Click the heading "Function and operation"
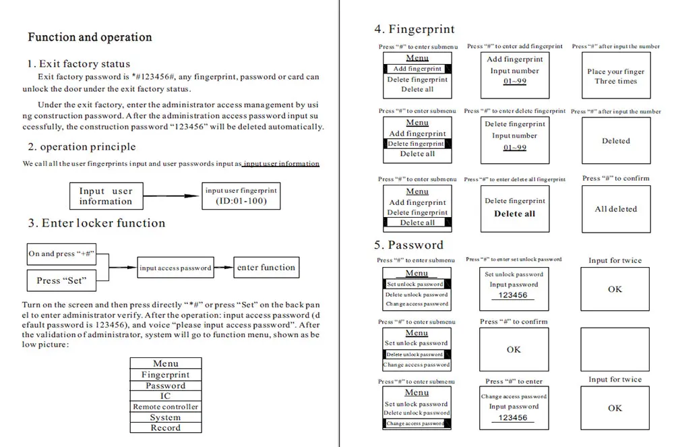(x=90, y=37)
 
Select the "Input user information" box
(x=106, y=196)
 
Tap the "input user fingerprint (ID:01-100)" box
(x=241, y=196)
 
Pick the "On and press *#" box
(x=61, y=254)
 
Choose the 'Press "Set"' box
(x=61, y=280)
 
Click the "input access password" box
(x=175, y=268)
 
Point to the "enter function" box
(x=266, y=268)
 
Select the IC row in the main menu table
(x=165, y=396)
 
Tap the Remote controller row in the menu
(x=165, y=407)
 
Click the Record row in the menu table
(x=165, y=427)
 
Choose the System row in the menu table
(x=165, y=417)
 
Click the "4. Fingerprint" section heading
(x=414, y=29)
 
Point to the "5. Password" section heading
(x=408, y=245)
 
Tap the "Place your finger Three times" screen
(x=615, y=76)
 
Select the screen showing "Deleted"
(x=615, y=141)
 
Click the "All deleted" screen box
(x=615, y=209)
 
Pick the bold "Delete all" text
(x=514, y=214)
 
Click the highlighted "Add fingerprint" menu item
(x=417, y=69)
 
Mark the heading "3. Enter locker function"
(x=96, y=223)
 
